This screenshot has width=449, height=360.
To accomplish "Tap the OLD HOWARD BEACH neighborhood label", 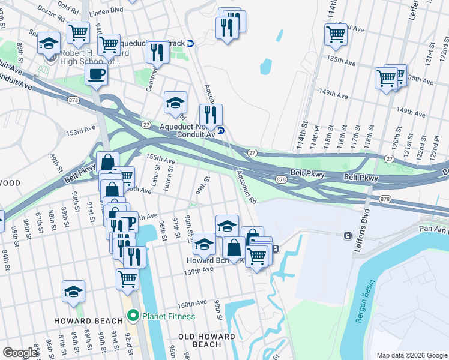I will [x=208, y=340].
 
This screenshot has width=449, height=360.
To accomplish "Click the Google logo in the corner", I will [x=20, y=353].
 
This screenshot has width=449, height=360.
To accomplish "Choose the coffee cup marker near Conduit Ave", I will [x=96, y=75].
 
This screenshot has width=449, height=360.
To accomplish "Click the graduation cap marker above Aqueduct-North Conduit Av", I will [x=175, y=102].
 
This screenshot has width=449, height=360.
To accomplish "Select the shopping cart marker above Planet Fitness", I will [x=127, y=278].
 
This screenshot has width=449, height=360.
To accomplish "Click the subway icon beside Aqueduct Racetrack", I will [x=190, y=43].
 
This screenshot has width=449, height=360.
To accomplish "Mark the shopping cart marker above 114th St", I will [x=336, y=33].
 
